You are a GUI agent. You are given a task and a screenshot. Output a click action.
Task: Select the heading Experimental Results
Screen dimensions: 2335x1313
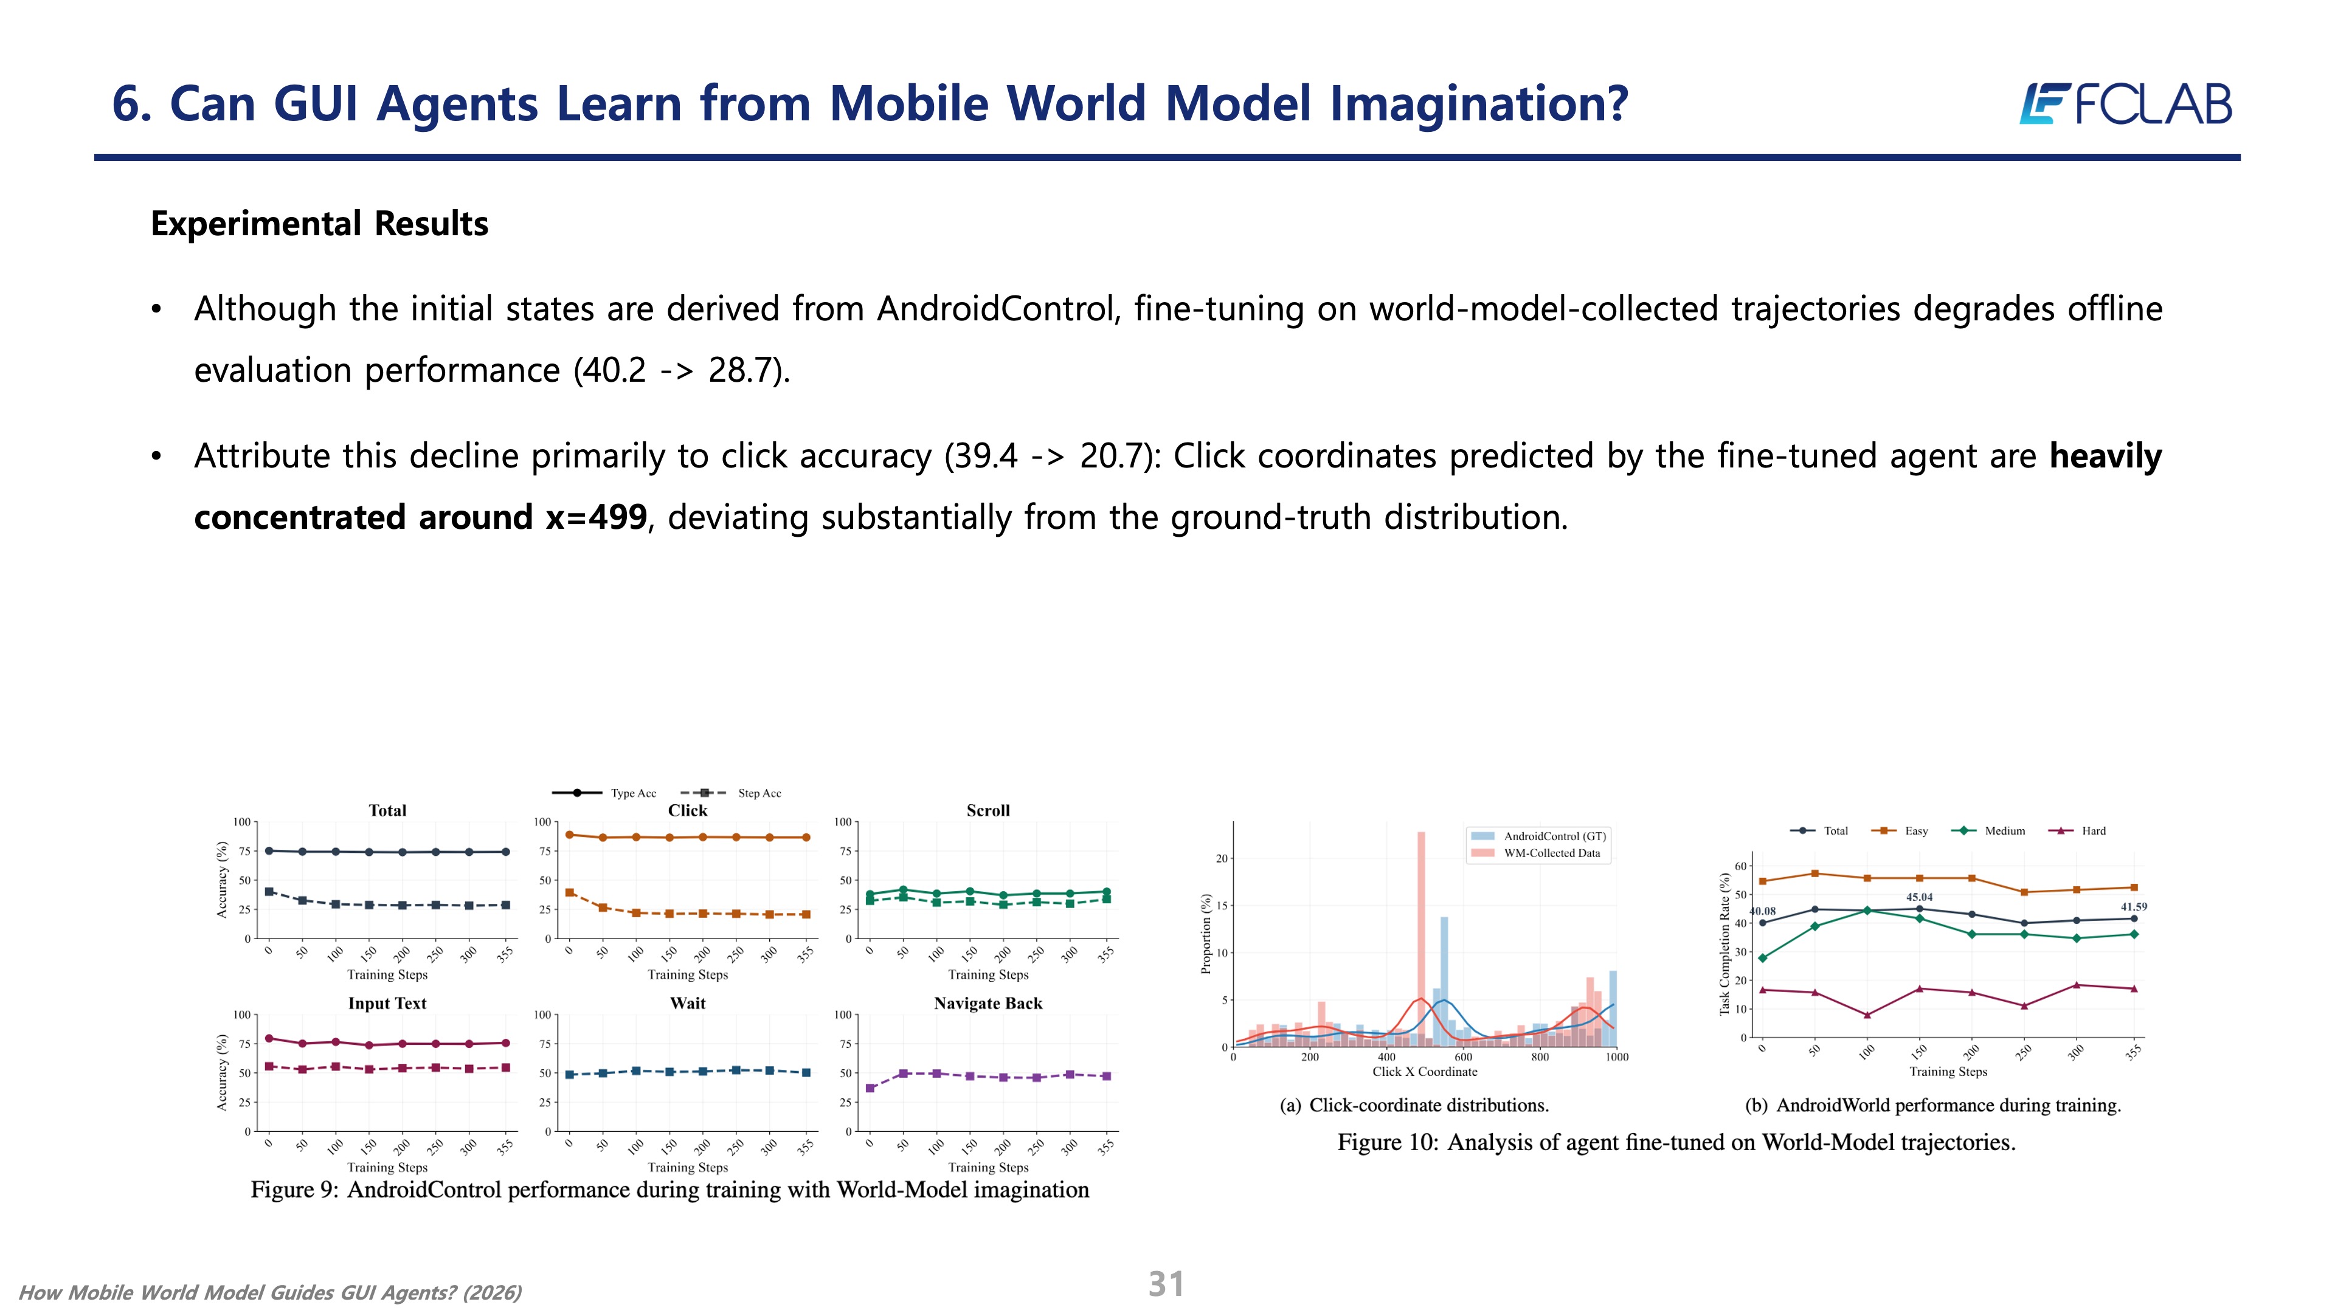(319, 224)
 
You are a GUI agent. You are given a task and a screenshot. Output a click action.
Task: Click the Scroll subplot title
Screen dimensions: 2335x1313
(988, 810)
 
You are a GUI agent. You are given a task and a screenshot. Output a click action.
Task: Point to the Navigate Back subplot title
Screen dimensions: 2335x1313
(988, 1003)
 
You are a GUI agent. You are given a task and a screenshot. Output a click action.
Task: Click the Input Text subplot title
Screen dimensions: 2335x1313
(387, 1003)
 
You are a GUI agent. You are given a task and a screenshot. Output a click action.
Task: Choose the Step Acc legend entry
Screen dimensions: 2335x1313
(730, 793)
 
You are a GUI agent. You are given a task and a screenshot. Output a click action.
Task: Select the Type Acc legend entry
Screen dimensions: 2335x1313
(604, 793)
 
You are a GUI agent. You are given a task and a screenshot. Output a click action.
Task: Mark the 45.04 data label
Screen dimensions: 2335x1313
(1919, 897)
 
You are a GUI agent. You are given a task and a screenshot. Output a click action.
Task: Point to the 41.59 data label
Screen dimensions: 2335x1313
(2134, 906)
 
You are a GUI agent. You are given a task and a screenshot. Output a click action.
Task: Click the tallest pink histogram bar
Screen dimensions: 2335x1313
(1421, 939)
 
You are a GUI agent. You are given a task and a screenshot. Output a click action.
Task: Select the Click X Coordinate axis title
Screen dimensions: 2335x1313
(1425, 1071)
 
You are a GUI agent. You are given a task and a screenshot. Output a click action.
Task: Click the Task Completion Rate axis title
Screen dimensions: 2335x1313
(1725, 943)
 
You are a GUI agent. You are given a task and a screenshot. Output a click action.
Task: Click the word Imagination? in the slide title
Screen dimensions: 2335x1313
(1479, 103)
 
